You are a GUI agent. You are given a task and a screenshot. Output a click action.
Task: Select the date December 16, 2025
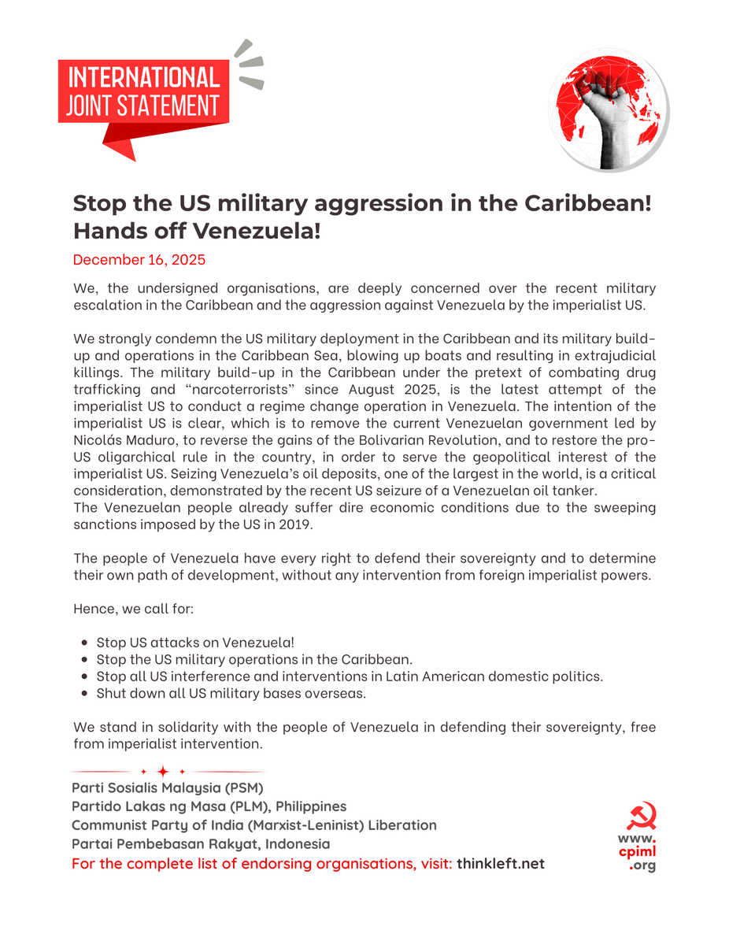point(139,259)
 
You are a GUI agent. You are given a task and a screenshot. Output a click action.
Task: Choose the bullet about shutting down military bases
point(231,694)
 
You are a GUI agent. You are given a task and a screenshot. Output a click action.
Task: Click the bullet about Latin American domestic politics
point(350,677)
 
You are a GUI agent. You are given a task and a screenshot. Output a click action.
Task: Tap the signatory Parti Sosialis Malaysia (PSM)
point(168,787)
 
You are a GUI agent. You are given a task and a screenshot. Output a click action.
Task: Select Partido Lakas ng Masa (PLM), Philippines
point(209,806)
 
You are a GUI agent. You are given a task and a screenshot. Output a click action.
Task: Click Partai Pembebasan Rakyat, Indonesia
point(201,844)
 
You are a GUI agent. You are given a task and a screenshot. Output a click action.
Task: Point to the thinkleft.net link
point(501,864)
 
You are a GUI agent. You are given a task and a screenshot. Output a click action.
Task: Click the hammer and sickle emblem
point(642,817)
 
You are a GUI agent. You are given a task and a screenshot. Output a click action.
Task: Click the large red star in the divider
point(163,771)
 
